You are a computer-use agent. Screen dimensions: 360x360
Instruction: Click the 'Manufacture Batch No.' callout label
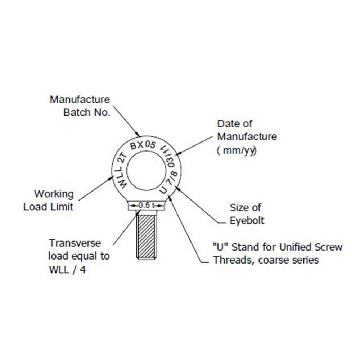(x=80, y=106)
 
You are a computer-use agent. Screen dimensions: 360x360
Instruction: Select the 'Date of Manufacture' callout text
(x=247, y=130)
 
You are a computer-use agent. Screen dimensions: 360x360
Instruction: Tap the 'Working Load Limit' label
(x=49, y=200)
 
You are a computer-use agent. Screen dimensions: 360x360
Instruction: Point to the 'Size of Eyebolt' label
(x=247, y=214)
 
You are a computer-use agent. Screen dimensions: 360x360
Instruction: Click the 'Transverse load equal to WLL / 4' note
(x=79, y=256)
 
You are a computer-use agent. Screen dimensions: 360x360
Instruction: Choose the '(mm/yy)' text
(x=237, y=150)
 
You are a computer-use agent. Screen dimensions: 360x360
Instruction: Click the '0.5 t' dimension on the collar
(x=146, y=206)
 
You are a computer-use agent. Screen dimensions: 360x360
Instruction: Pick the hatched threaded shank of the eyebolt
(x=146, y=237)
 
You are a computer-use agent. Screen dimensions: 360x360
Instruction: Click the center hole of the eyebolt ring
(x=146, y=171)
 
